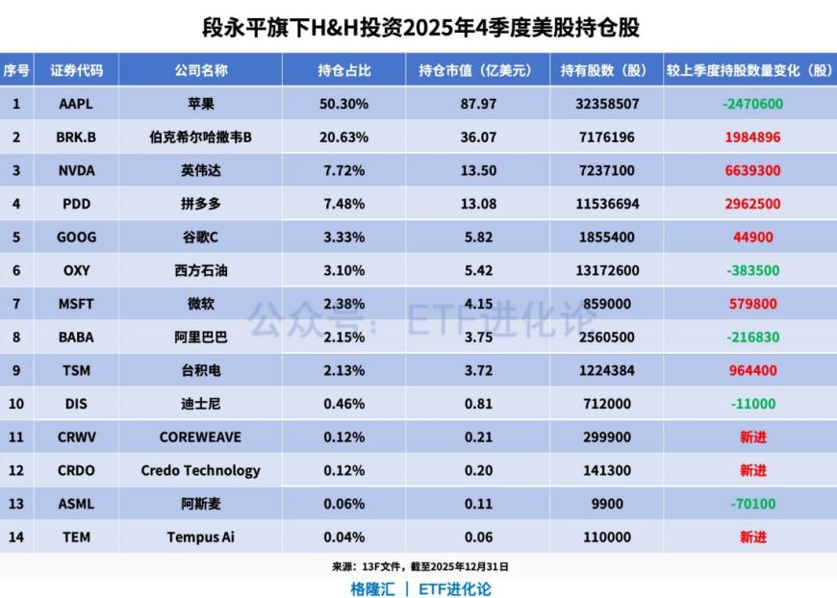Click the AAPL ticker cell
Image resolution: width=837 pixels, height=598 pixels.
[x=76, y=104]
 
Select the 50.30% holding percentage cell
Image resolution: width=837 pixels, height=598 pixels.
[x=343, y=104]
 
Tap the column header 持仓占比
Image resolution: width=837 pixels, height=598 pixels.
[x=343, y=70]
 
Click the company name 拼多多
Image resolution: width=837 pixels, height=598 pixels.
[x=201, y=204]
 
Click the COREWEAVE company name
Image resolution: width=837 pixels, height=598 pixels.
[x=201, y=437]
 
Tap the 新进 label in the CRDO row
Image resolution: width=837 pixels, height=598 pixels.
[x=752, y=470]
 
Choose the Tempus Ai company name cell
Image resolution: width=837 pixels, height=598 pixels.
[x=201, y=536]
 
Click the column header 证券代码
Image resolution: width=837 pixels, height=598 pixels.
[x=76, y=70]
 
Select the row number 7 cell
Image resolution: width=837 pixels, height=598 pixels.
[x=15, y=304]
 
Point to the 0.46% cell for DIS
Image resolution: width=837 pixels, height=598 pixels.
[x=343, y=404]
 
